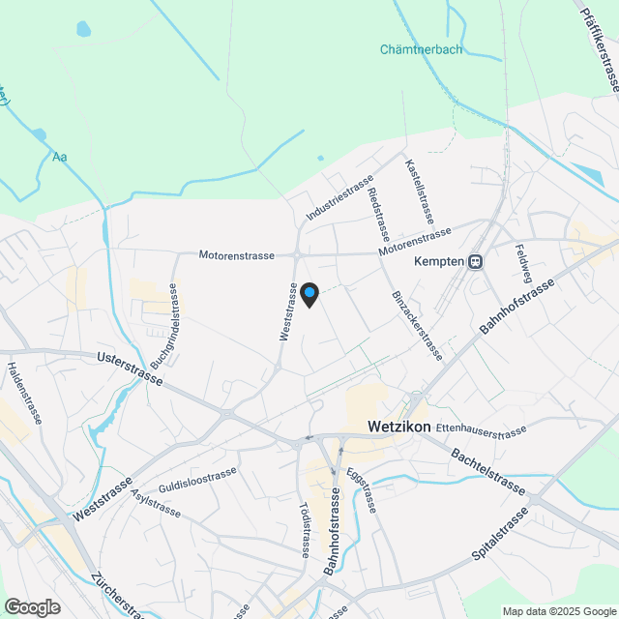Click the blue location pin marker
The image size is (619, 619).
(309, 294)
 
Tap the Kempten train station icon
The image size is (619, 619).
(475, 261)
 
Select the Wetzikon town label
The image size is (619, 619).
(398, 427)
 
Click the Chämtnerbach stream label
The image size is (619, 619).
(421, 49)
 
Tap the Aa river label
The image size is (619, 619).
(60, 157)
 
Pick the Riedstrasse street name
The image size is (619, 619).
(379, 214)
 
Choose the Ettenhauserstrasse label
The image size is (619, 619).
(481, 428)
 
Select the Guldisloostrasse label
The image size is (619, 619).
(197, 478)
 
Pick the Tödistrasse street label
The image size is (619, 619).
(304, 530)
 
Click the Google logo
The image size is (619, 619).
(31, 606)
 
